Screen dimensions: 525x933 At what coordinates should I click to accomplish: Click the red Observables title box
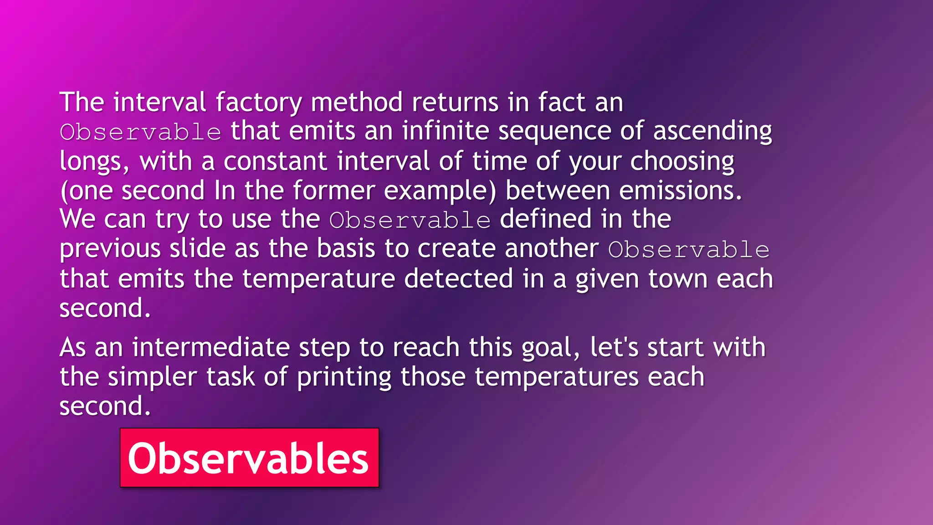(x=249, y=458)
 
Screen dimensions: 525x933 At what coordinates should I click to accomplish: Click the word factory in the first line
(x=258, y=102)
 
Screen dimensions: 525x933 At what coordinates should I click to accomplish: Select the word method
(x=357, y=102)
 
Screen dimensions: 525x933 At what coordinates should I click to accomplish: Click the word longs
(x=94, y=162)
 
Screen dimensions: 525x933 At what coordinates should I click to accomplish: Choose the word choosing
(x=682, y=162)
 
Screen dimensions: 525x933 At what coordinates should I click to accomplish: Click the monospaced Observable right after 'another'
(x=689, y=250)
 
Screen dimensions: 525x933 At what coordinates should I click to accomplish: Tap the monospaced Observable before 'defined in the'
(x=410, y=221)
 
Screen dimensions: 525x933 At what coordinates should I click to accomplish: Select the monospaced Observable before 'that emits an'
(x=140, y=132)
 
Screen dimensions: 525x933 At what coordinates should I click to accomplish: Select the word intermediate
(x=211, y=347)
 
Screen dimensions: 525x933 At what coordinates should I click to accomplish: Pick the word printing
(x=344, y=377)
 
